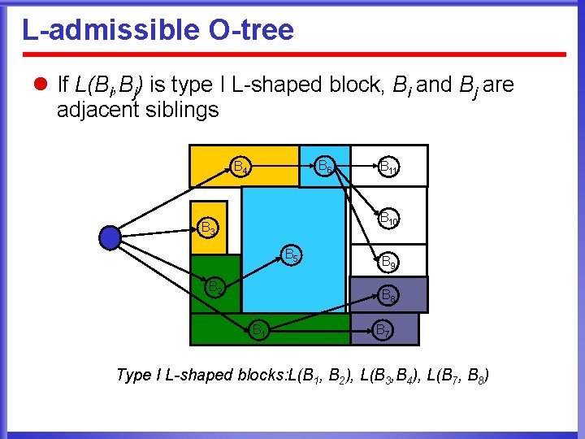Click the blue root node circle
tap(110, 237)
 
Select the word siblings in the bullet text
tap(178, 110)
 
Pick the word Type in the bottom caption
tap(134, 375)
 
